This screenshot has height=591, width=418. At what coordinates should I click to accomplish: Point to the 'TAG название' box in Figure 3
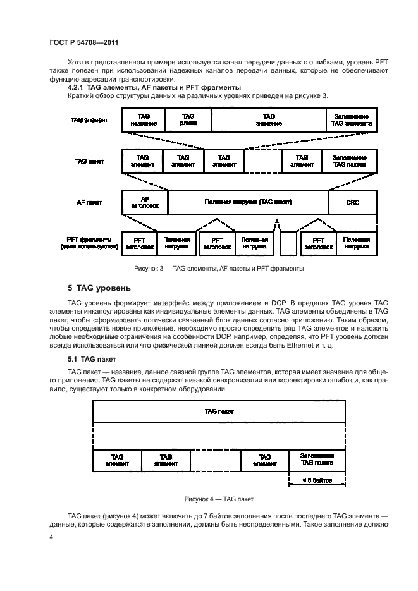(x=143, y=119)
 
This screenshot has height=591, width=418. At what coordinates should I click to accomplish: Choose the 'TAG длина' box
(x=188, y=119)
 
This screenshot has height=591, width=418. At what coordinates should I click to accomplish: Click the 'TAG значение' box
(x=268, y=119)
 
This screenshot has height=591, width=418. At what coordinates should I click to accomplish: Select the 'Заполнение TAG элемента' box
(x=352, y=119)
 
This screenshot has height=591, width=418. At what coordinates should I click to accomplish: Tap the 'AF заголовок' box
(x=144, y=202)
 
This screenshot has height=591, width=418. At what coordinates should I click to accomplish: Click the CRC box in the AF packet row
(x=352, y=202)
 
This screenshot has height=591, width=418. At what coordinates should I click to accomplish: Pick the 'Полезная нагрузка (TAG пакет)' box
(x=247, y=202)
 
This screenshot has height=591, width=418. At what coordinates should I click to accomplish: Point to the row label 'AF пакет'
(x=90, y=203)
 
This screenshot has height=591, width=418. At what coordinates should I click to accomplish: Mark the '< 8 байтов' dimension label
(x=316, y=480)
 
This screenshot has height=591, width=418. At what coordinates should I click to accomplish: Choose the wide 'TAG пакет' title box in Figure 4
(x=219, y=411)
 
